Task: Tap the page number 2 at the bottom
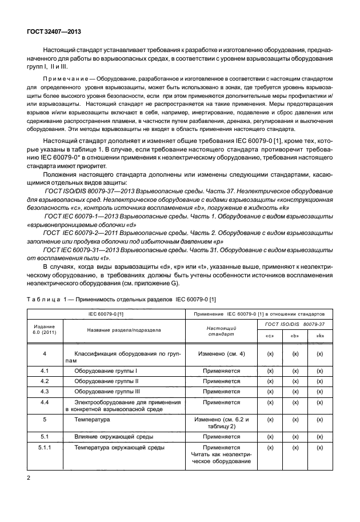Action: pyautogui.click(x=28, y=476)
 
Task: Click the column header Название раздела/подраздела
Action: pyautogui.click(x=123, y=330)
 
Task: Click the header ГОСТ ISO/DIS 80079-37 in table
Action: pyautogui.click(x=295, y=324)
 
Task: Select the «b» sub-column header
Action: pyautogui.click(x=295, y=336)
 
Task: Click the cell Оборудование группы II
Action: pyautogui.click(x=105, y=381)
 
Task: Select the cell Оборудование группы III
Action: pyautogui.click(x=106, y=392)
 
